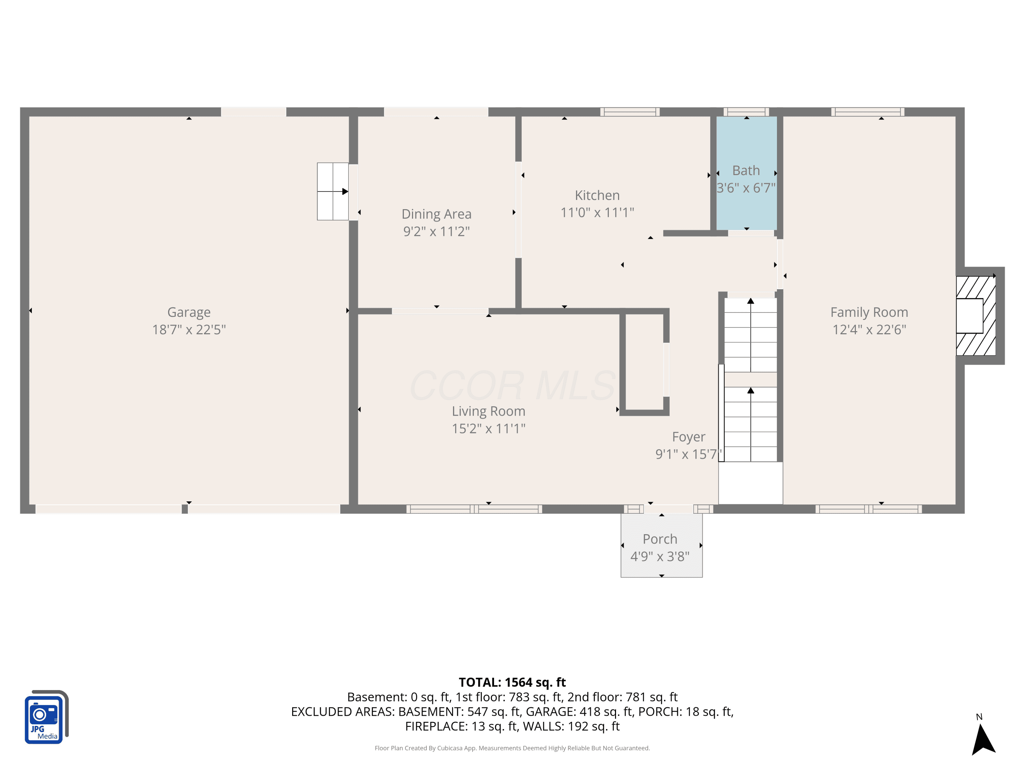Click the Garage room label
point(189,312)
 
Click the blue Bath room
point(747,173)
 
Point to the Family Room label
point(869,312)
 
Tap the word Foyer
point(688,437)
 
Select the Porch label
point(660,539)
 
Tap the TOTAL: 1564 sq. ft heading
point(512,682)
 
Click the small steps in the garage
point(333,191)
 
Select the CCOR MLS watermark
point(512,386)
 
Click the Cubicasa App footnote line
point(512,748)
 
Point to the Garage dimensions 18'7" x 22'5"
point(189,329)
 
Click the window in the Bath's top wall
point(746,112)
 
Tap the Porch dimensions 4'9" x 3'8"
point(660,556)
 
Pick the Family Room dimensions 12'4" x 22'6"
point(869,329)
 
